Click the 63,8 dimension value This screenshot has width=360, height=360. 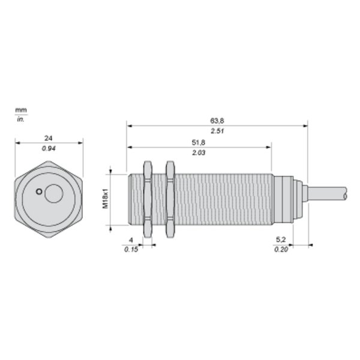point(217,121)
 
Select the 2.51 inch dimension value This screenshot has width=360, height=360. point(217,131)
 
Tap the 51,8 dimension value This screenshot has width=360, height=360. point(199,143)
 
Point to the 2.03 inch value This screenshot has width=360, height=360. point(199,152)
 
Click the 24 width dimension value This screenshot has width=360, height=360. point(48,138)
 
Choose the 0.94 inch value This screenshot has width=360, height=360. point(49,149)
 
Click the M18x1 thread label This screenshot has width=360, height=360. point(105,199)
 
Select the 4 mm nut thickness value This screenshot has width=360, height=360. point(131,240)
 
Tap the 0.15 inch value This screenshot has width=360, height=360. point(131,250)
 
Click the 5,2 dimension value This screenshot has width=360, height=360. point(281,239)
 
